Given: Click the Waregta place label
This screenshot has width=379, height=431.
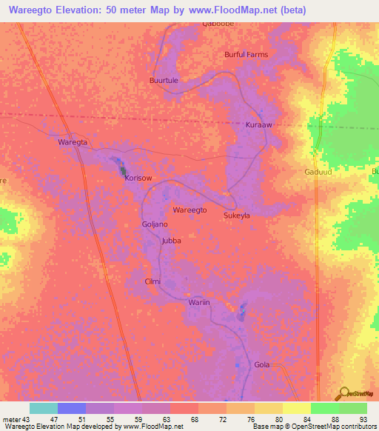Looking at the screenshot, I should (x=73, y=141).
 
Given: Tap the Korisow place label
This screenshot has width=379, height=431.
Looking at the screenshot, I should (x=138, y=178).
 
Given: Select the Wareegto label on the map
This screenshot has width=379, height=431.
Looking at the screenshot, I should (x=189, y=210).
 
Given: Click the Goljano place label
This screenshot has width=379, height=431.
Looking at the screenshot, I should (x=155, y=224).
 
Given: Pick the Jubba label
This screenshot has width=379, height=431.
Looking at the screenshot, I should (x=171, y=241).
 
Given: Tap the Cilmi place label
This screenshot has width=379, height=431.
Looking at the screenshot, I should (x=153, y=281).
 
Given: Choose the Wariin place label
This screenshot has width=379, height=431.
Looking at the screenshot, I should (x=200, y=303).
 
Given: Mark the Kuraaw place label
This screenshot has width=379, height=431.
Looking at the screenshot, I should (x=259, y=125).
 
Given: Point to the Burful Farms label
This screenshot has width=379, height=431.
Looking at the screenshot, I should (x=246, y=54).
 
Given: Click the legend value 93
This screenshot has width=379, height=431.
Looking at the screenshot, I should (x=363, y=419).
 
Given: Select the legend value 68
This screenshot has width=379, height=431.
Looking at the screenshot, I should (x=194, y=419).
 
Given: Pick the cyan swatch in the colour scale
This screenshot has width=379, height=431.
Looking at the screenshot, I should (x=44, y=408).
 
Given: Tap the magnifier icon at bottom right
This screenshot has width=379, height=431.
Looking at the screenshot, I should (x=343, y=392).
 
